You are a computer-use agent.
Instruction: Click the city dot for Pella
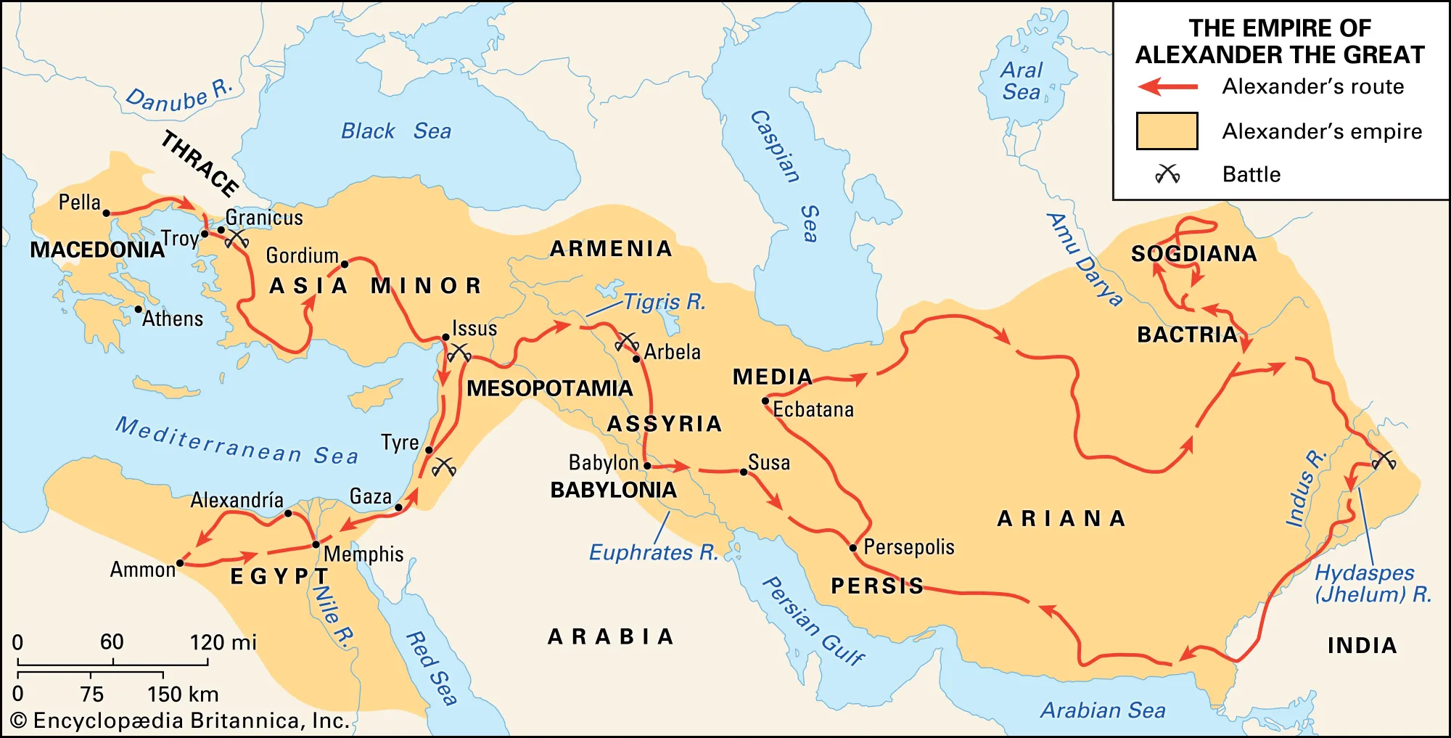(x=107, y=213)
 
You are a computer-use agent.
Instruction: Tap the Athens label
(x=173, y=319)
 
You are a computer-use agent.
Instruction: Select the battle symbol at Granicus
(x=237, y=239)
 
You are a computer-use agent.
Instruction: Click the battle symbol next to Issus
(x=459, y=353)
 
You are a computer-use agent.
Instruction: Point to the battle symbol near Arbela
(x=626, y=341)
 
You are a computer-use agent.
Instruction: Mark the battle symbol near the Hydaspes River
(x=1384, y=460)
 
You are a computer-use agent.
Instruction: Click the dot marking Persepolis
(x=853, y=548)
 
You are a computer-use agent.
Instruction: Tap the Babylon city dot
(x=647, y=466)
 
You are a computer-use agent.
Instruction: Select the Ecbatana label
(x=813, y=409)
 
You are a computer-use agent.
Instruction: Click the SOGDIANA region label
(x=1193, y=254)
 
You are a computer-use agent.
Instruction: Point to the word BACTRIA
(x=1187, y=335)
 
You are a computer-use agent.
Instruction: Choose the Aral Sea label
(x=1022, y=81)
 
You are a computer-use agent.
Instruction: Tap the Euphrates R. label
(x=653, y=553)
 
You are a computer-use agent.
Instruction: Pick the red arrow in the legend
(x=1167, y=87)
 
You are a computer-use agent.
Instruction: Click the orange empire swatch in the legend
(x=1167, y=131)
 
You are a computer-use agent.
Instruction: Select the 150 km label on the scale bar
(x=183, y=694)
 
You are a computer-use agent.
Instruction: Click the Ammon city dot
(x=180, y=563)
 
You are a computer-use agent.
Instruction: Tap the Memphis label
(x=363, y=554)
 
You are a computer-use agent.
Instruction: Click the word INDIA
(x=1362, y=645)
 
